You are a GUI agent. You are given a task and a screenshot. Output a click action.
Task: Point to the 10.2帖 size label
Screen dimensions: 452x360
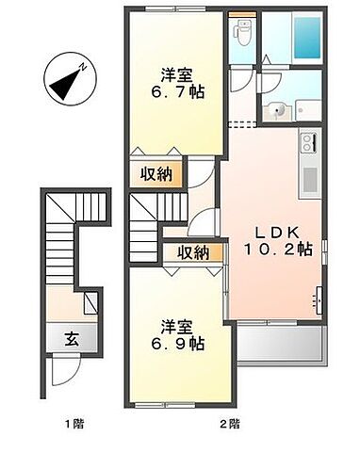point(280,250)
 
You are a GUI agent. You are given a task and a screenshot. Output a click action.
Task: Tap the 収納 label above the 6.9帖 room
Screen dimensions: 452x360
point(192,251)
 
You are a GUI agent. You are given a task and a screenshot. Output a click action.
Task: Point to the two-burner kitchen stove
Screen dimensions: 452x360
point(309,145)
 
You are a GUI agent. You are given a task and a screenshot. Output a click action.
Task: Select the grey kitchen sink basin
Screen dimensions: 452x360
point(309,176)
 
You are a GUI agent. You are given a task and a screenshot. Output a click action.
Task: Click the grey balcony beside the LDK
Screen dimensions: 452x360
point(280,347)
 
